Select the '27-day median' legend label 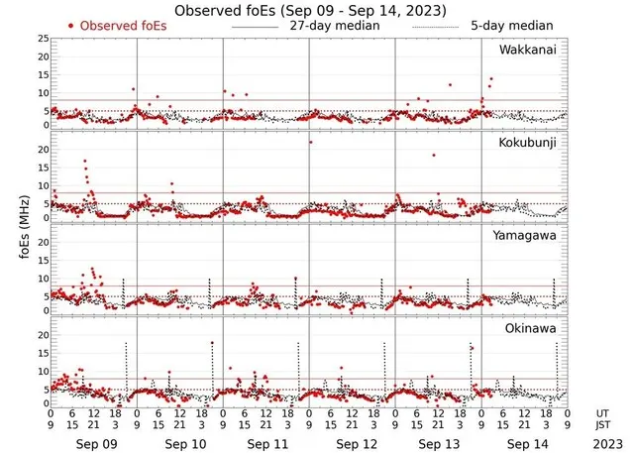point(335,25)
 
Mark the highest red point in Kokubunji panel point(310,142)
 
